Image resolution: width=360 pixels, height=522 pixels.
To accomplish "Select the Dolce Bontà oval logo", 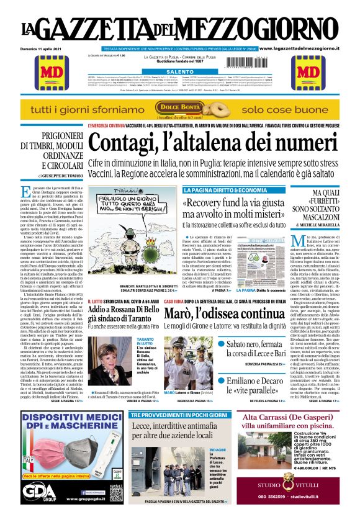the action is click(x=179, y=108).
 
